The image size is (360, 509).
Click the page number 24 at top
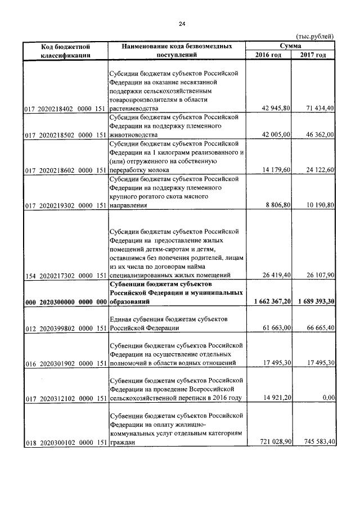[x=181, y=24]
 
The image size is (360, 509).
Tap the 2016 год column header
[x=268, y=55]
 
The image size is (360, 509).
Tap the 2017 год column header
[x=313, y=55]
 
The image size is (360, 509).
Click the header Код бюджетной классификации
[x=66, y=50]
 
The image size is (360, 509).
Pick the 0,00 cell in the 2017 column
[x=327, y=398]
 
